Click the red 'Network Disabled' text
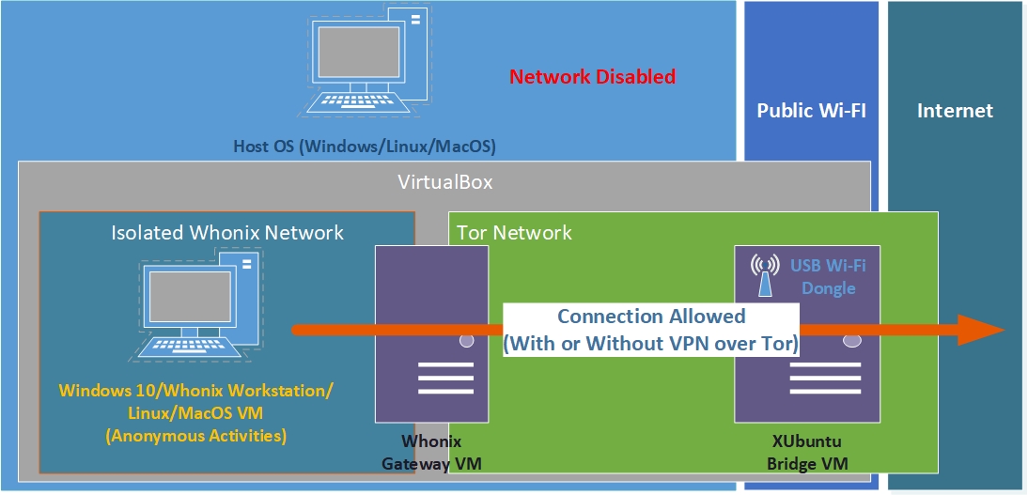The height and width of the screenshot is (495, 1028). pyautogui.click(x=592, y=77)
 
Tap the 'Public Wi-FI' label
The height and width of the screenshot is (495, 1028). pyautogui.click(x=811, y=111)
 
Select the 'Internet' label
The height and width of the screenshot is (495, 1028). pyautogui.click(x=955, y=111)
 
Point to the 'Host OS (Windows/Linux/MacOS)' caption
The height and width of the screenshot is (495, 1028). pyautogui.click(x=365, y=147)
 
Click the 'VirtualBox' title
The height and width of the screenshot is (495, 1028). pyautogui.click(x=446, y=182)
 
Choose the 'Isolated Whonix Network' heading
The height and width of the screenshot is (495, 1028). pyautogui.click(x=227, y=232)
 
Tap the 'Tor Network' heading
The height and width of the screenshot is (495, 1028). pyautogui.click(x=514, y=232)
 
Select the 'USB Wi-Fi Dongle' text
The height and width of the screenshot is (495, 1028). pyautogui.click(x=828, y=276)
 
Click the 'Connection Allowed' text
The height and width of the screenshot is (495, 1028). pyautogui.click(x=651, y=317)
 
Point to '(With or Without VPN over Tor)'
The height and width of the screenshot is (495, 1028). pyautogui.click(x=651, y=344)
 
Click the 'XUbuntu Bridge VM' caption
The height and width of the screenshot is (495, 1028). pyautogui.click(x=808, y=452)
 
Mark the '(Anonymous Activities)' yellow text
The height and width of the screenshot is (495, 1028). pyautogui.click(x=196, y=436)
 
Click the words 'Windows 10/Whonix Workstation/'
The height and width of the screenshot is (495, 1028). pyautogui.click(x=196, y=390)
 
